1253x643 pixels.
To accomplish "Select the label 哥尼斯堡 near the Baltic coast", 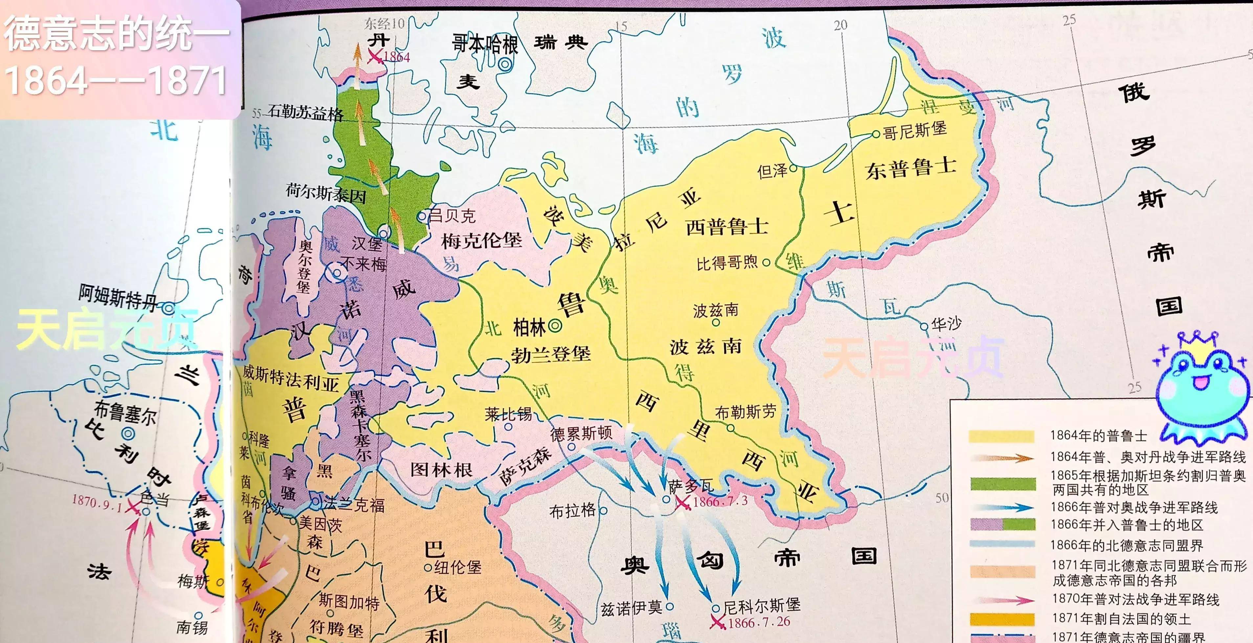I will (914, 131).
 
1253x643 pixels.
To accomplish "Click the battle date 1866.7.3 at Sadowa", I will (720, 501).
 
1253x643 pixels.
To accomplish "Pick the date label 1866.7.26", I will (759, 622).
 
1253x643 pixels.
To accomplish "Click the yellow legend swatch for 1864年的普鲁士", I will (1001, 436).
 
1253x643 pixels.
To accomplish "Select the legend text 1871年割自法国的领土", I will (1122, 619).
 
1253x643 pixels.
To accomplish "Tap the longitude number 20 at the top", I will (840, 25).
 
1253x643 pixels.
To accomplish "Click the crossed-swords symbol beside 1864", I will (375, 57).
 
